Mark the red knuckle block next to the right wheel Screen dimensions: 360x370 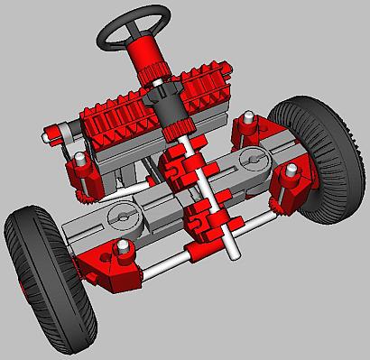[x=293, y=189]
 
